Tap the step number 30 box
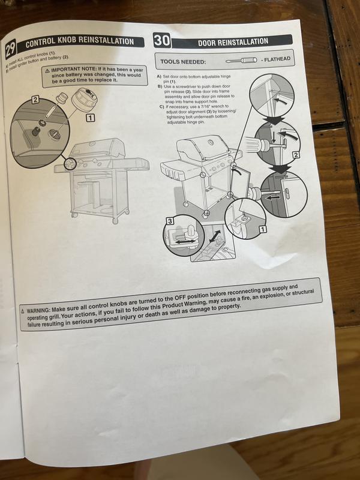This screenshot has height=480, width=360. [162, 40]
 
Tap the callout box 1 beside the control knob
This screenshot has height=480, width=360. [91, 118]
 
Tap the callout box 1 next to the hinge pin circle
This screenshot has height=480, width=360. [262, 229]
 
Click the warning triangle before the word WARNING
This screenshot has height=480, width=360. [23, 311]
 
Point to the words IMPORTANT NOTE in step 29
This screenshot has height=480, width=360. [75, 70]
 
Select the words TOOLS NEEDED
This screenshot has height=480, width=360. [183, 62]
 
